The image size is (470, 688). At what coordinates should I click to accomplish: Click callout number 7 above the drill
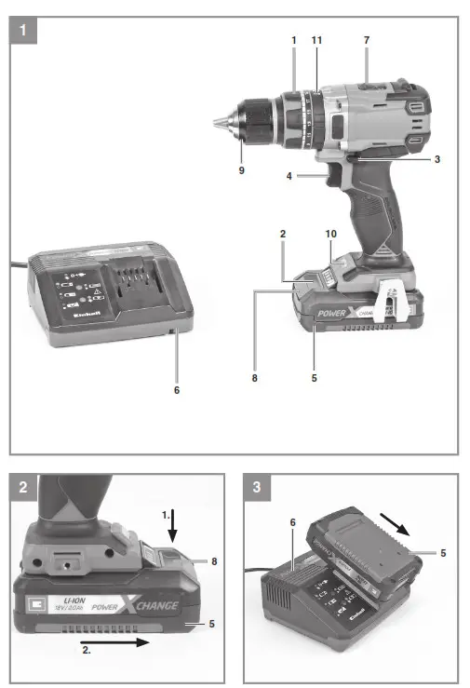click(367, 41)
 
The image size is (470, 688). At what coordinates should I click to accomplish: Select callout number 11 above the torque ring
click(316, 41)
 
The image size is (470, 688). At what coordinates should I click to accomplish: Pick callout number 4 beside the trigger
click(289, 174)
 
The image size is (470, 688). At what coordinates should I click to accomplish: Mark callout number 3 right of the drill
click(436, 159)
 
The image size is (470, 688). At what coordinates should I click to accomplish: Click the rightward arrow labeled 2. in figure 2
click(121, 641)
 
